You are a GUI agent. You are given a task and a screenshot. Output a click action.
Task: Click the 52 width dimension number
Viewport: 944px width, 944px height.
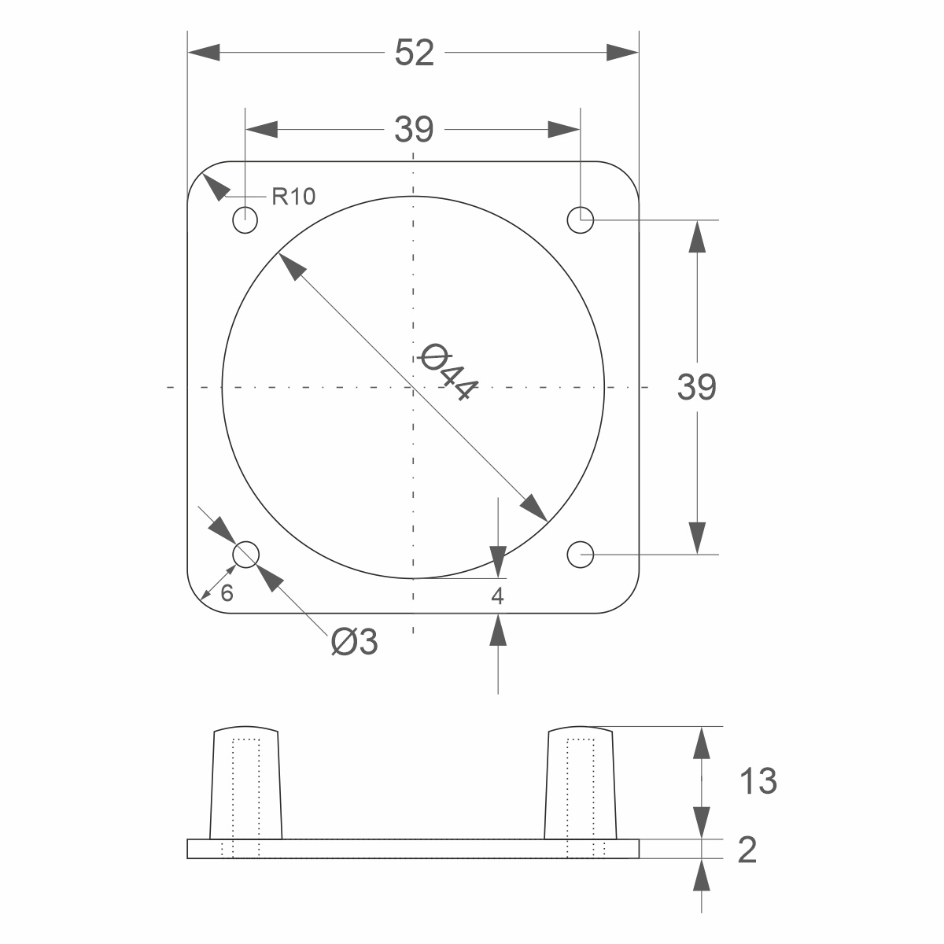point(414,53)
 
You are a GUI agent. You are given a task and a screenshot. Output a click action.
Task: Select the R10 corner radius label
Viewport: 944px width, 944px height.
point(293,197)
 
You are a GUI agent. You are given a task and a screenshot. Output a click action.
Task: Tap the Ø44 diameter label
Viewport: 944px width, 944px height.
point(448,371)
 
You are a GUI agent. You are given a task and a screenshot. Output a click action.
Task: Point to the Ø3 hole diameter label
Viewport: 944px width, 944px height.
point(354,641)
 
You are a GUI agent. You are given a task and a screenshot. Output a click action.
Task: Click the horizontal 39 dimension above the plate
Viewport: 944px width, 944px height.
point(414,129)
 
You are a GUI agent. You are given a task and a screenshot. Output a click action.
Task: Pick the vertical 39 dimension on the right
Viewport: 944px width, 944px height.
point(697,387)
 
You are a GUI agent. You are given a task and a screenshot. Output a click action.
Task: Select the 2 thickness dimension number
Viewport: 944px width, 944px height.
point(747,850)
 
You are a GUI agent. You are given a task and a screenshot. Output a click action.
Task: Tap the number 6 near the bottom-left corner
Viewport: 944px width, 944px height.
point(227,593)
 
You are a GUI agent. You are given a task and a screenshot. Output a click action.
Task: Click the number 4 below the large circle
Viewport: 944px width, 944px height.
point(497,596)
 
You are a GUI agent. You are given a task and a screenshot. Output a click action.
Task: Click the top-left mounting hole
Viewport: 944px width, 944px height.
point(245,220)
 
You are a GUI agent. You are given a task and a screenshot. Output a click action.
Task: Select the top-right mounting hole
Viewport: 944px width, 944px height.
point(581,220)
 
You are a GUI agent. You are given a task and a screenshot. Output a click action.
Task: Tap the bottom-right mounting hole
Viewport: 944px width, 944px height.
point(581,555)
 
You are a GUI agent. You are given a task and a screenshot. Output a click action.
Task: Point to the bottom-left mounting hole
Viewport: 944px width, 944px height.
point(245,555)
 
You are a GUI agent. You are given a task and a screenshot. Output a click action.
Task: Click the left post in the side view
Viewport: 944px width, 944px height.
point(246,783)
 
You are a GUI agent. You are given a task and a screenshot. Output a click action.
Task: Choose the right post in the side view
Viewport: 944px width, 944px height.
point(581,783)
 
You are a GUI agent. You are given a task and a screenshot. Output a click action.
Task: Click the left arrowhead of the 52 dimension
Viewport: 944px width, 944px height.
point(204,53)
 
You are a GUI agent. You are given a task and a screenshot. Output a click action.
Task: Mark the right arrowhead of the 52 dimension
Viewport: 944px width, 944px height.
point(622,53)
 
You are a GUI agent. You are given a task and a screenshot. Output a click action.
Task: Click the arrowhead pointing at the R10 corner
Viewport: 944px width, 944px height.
point(216,187)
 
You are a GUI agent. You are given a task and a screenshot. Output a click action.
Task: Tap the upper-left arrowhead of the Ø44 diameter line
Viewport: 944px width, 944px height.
point(293,267)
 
